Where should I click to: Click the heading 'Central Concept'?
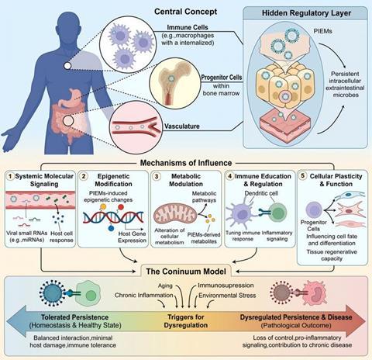coord(185,12)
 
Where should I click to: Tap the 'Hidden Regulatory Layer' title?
coord(306,13)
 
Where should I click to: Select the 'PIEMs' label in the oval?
coord(322,31)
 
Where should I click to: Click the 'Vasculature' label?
coord(182,126)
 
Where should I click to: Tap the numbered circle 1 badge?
coord(10,176)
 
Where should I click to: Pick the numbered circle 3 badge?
coord(157,176)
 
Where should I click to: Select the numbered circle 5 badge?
coord(303,176)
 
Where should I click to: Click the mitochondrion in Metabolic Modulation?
coord(176,214)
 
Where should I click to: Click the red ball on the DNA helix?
coord(121,207)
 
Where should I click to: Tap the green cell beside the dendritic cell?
coord(277,213)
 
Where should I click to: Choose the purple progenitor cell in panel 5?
coord(314,210)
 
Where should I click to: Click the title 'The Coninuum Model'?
coord(186,272)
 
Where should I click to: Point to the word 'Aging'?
coord(165,286)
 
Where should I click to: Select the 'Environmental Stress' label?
coord(227,296)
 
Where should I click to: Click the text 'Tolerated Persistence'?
coord(74,317)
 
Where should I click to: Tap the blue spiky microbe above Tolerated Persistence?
coord(52,293)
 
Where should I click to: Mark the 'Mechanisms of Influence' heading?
coord(186,163)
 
